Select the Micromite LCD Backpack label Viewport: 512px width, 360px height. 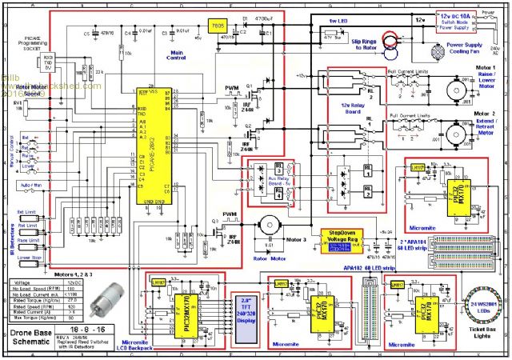tap(174, 349)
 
